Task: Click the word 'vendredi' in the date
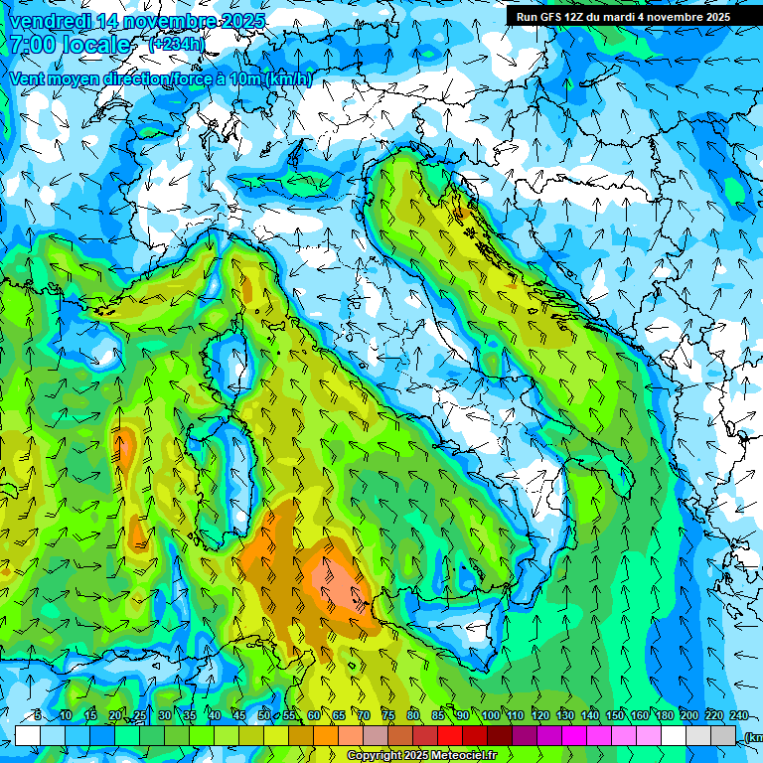pos(50,21)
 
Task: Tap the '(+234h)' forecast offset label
pos(176,44)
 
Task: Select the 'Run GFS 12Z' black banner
pos(622,16)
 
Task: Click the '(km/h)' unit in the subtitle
pos(289,79)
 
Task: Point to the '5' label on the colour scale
pos(38,715)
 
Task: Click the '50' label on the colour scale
pos(263,715)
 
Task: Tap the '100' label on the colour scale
pos(491,715)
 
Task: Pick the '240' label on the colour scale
pos(739,715)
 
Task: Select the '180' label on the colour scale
pos(663,715)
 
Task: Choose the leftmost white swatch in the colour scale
pos(27,736)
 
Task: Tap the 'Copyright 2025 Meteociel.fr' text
pos(421,756)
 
